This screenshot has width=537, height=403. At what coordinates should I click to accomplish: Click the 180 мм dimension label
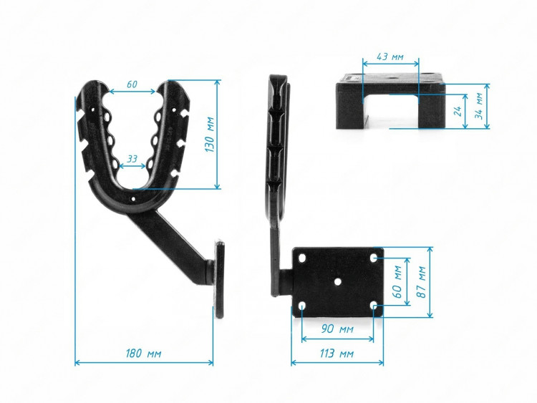[143, 353]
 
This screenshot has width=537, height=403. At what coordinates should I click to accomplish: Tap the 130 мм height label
[209, 135]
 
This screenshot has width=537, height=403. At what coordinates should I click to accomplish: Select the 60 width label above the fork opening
[132, 84]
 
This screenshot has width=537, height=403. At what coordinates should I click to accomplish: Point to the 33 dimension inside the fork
[132, 159]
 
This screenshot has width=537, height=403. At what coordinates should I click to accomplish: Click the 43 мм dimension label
[390, 57]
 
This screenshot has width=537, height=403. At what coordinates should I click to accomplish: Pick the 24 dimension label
[458, 111]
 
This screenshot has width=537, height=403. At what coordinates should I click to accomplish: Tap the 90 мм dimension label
[337, 329]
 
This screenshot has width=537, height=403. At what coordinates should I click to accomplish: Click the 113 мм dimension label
[337, 353]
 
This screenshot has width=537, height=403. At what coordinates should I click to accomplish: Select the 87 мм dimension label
[421, 282]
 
